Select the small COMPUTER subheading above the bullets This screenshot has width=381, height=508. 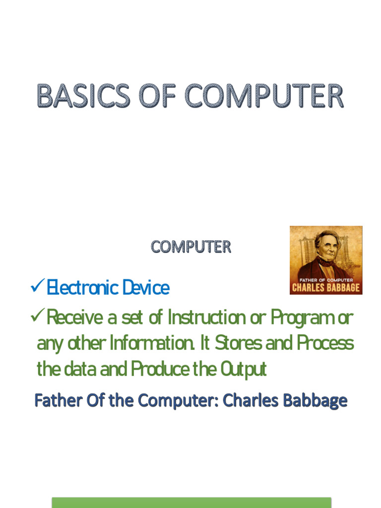(x=191, y=247)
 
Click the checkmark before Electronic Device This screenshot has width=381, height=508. (x=37, y=286)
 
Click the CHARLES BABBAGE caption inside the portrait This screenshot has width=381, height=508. (x=326, y=288)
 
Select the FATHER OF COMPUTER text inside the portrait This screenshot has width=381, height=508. (x=326, y=280)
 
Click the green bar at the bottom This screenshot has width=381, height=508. (x=191, y=503)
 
